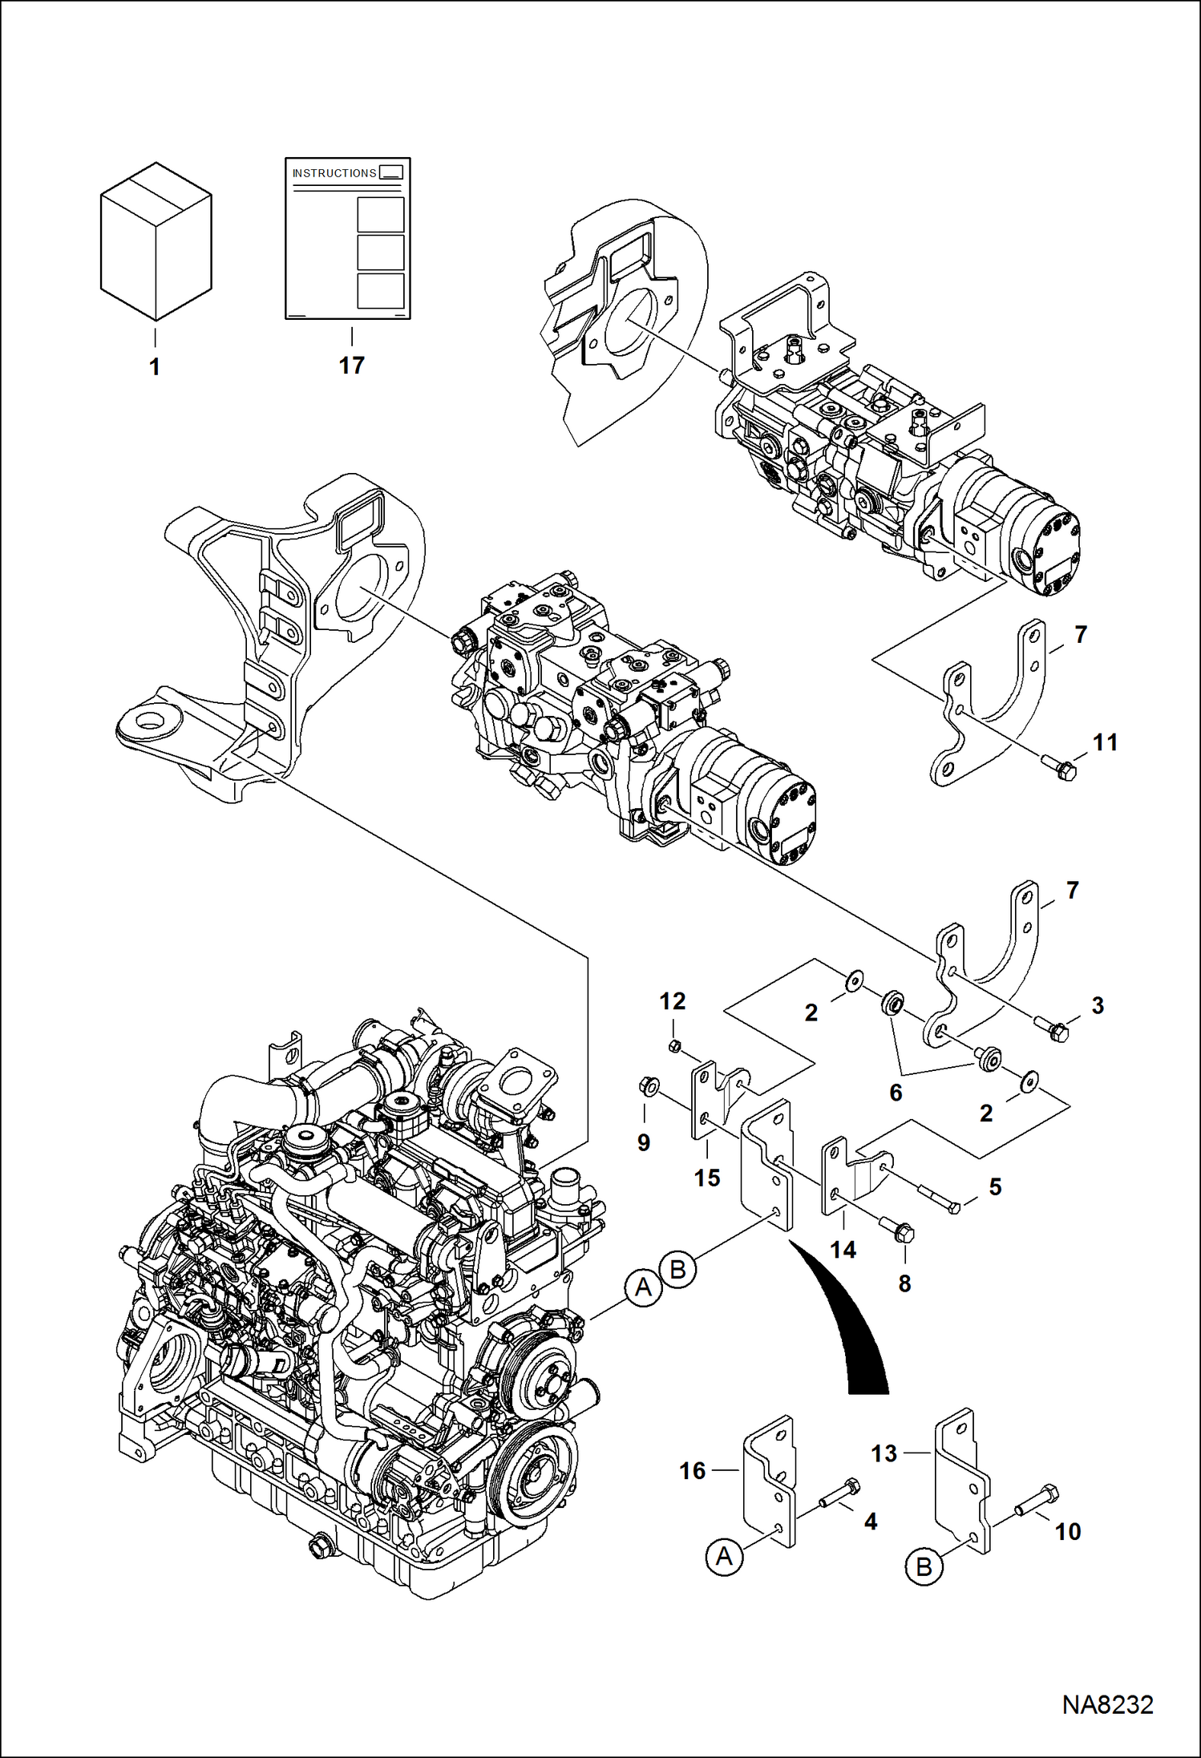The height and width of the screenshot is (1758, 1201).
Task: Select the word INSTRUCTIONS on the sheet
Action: coord(334,173)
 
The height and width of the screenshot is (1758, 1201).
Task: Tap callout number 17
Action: coord(351,366)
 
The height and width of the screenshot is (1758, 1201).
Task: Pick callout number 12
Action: coord(673,1001)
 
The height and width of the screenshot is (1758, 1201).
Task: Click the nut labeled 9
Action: coord(646,1086)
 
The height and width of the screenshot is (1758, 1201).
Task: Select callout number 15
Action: coord(706,1178)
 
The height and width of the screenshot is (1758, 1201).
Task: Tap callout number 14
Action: coord(843,1249)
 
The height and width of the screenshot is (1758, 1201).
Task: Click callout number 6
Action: coord(896,1092)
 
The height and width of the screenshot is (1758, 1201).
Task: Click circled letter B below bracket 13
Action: coord(924,1566)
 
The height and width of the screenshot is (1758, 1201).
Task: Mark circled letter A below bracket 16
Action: coord(724,1557)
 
